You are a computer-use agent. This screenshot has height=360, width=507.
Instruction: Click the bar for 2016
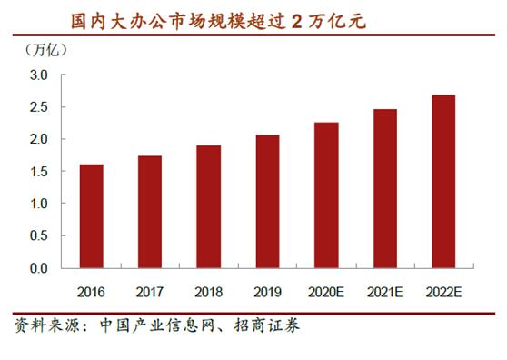[91, 216]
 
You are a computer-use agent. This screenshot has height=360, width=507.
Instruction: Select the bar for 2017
[150, 212]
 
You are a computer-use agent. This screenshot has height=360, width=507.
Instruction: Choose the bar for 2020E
[326, 195]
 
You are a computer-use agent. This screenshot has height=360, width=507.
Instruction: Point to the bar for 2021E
[384, 188]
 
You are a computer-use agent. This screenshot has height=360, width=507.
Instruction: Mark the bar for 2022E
[443, 181]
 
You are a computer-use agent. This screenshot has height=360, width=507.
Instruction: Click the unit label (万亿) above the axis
[42, 50]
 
